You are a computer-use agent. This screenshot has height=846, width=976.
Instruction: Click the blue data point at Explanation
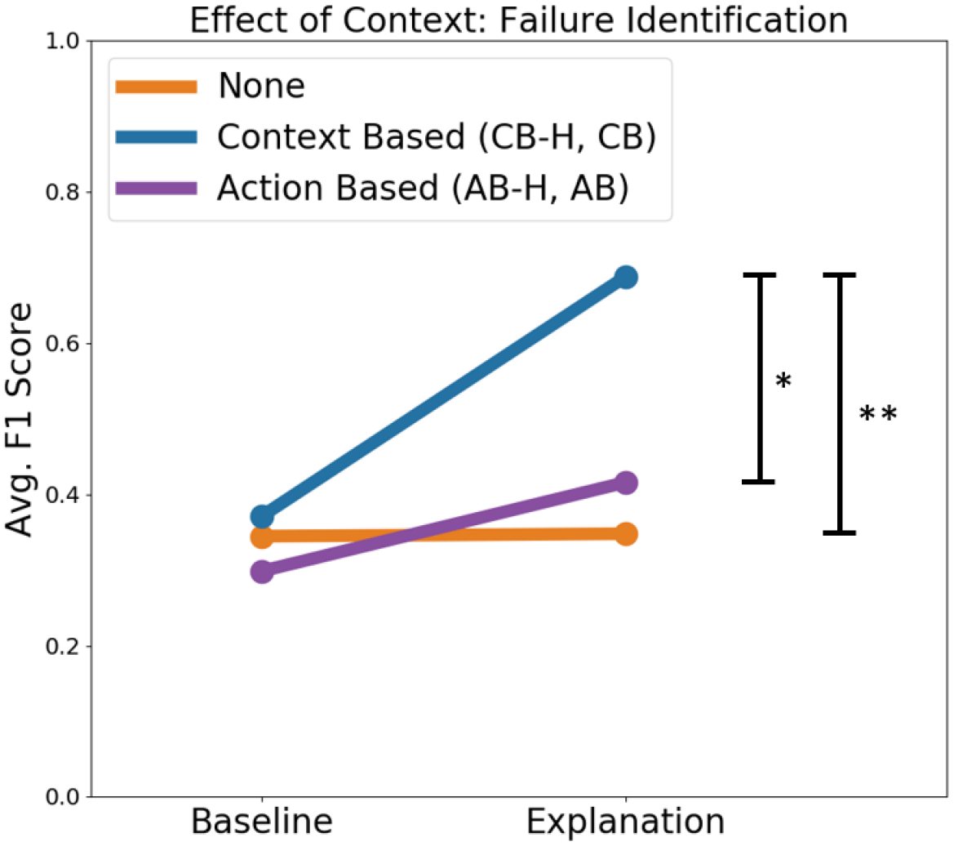(626, 278)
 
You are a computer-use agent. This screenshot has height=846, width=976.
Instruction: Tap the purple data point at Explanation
(626, 483)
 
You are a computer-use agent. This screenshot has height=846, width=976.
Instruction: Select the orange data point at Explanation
(626, 534)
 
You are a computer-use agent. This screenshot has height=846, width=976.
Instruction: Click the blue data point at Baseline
(262, 517)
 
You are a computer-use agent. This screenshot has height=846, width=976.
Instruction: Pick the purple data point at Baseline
(262, 572)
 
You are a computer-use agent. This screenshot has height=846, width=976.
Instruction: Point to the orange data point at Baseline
(262, 537)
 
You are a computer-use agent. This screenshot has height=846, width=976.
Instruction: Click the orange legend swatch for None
(157, 87)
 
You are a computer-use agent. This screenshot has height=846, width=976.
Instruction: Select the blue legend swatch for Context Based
(157, 137)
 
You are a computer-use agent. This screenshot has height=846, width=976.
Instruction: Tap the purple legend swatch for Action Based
(157, 189)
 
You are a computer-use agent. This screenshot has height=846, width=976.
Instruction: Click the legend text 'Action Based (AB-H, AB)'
(423, 189)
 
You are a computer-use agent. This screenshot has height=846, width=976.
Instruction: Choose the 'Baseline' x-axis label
(262, 822)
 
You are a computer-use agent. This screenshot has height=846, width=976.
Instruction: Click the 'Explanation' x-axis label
(626, 822)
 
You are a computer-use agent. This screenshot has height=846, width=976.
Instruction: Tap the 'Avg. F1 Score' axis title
(20, 420)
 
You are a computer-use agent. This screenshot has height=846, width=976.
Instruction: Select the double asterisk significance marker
(878, 415)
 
